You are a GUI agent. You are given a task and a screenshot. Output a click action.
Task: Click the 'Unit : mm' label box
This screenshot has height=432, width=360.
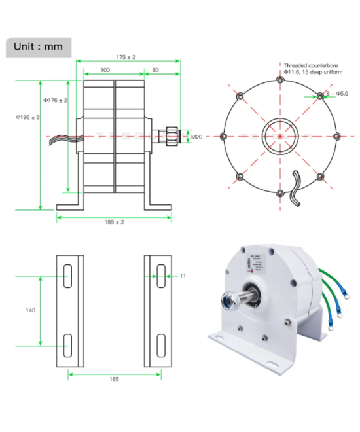tap(39, 48)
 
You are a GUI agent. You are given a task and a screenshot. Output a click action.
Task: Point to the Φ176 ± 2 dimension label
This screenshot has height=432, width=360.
tap(55, 100)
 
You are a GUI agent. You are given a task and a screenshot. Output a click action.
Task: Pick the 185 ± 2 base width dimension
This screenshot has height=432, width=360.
tap(115, 222)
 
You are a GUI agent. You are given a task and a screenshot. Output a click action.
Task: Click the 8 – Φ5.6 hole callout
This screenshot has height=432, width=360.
tap(337, 94)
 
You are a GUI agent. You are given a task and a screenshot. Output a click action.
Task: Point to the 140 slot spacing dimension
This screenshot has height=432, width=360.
tap(31, 310)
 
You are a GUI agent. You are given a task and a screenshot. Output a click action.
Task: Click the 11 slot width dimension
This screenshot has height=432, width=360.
tap(182, 276)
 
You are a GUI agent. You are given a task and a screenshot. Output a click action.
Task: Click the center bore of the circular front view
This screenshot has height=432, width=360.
tap(281, 137)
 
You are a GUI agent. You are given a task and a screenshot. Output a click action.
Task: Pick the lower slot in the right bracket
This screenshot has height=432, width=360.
tap(160, 343)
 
